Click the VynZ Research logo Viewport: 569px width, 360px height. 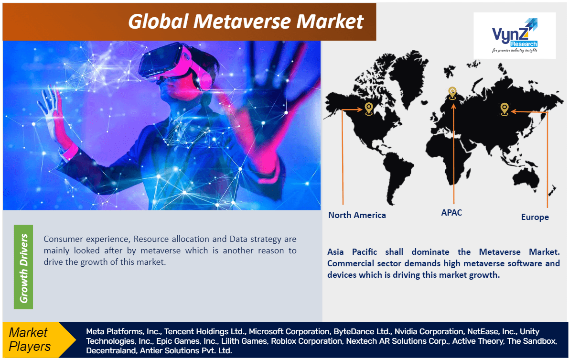click(515, 35)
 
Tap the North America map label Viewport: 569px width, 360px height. click(357, 215)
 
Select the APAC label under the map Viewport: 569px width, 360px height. click(451, 213)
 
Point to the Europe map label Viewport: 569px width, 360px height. click(535, 217)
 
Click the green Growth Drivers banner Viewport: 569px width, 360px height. click(23, 267)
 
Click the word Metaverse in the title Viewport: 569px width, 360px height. click(242, 22)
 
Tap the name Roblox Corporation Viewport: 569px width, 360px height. click(307, 341)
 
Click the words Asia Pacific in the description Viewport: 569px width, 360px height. click(352, 252)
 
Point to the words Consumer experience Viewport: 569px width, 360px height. click(86, 239)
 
